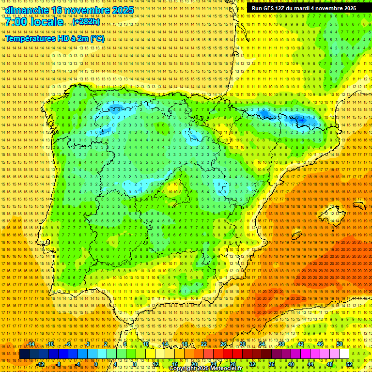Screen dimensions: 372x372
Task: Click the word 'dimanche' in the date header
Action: coord(26,10)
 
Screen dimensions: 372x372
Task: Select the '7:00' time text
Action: coord(17,22)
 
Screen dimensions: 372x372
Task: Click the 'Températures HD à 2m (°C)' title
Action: coord(55,38)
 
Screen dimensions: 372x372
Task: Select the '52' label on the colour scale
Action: coord(349,364)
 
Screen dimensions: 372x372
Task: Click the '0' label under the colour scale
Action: coord(96,364)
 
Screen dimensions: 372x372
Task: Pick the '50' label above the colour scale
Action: coord(340,344)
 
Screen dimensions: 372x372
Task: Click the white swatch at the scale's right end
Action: coord(344,354)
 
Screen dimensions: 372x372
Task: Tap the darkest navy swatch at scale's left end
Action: coord(24,354)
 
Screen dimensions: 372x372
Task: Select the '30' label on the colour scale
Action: coord(242,344)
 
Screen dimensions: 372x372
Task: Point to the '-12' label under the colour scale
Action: coord(41,364)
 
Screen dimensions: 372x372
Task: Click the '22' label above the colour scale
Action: coord(203,344)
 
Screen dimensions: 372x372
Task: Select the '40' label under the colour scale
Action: coord(291,364)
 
